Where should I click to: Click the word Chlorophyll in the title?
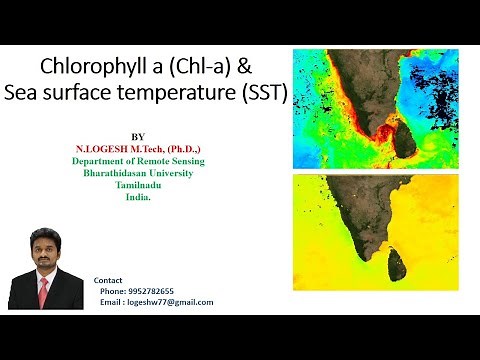pos(87,67)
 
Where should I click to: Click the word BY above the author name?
pos(138,136)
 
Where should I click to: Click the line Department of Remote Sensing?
pos(138,160)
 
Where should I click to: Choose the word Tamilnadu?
pos(138,184)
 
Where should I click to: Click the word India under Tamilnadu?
pos(137,196)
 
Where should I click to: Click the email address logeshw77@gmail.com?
pos(170,302)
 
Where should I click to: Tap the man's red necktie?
pos(43,292)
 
